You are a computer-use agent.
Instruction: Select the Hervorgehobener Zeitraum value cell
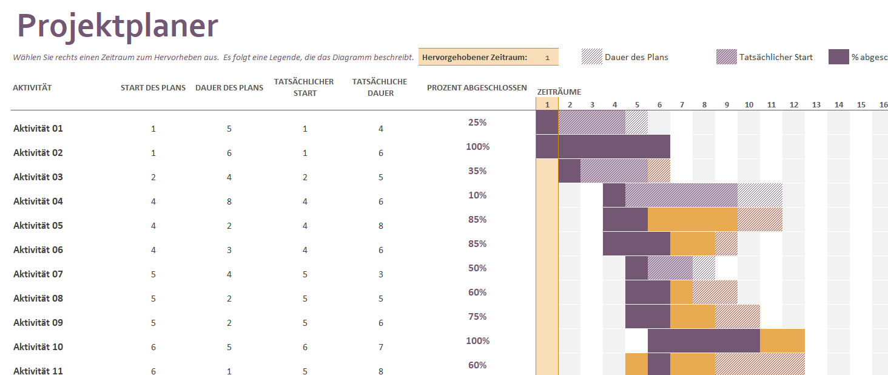(x=547, y=58)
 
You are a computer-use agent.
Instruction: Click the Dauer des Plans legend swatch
(x=591, y=57)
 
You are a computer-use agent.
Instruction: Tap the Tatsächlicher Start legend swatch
(x=726, y=57)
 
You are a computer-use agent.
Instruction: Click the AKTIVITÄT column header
(x=32, y=88)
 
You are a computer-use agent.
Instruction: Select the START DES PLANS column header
(x=153, y=88)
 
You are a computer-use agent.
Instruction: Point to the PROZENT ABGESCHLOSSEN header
(x=477, y=88)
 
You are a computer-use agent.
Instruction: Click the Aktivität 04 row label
(x=38, y=201)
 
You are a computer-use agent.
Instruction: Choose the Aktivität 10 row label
(x=38, y=347)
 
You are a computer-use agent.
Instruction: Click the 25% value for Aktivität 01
(x=477, y=123)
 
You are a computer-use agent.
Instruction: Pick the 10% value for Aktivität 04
(x=477, y=195)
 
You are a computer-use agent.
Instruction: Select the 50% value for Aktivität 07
(x=477, y=268)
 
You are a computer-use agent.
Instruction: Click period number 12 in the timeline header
(x=794, y=105)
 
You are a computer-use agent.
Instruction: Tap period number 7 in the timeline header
(x=682, y=105)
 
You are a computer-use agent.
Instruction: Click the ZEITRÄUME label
(x=559, y=92)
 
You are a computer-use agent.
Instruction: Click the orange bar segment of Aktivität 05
(x=692, y=219)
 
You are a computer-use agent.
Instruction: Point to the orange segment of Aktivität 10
(x=782, y=340)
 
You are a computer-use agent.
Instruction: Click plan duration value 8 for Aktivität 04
(x=229, y=201)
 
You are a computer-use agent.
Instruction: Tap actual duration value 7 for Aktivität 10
(x=381, y=347)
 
